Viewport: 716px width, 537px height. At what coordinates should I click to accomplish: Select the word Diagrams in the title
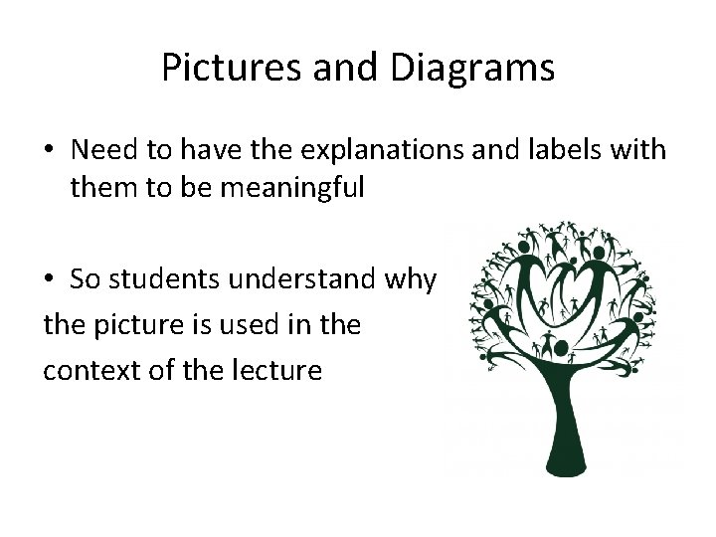472,68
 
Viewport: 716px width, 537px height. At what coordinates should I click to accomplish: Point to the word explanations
361,150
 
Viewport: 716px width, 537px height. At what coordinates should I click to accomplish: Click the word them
102,187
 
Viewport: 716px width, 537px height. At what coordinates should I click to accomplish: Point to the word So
85,280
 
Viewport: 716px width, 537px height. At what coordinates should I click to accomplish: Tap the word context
87,371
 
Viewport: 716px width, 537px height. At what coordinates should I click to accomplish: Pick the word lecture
273,371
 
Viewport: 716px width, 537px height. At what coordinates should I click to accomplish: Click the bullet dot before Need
48,151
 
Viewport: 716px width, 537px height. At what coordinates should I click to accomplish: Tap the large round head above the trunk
562,347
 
